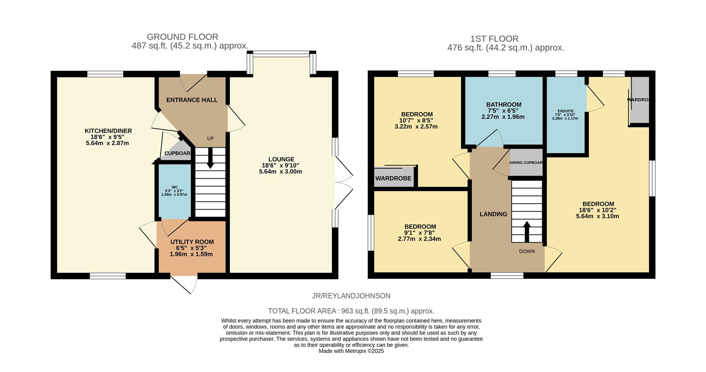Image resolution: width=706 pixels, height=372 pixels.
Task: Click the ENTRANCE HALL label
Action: (x=192, y=100)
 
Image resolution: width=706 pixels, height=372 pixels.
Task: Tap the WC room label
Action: (x=174, y=190)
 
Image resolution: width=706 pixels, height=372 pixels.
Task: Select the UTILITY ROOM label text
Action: (x=192, y=242)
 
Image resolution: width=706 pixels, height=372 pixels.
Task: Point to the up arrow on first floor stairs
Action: (x=527, y=231)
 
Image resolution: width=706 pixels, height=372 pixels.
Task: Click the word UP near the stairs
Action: (x=210, y=139)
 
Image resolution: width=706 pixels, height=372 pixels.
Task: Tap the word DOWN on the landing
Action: (x=527, y=251)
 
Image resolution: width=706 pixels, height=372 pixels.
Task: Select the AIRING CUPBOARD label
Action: (x=526, y=162)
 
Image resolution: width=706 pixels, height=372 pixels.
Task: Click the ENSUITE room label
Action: (x=565, y=111)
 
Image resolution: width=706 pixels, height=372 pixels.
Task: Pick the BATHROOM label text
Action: (x=504, y=105)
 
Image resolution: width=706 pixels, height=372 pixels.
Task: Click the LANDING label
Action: (x=493, y=214)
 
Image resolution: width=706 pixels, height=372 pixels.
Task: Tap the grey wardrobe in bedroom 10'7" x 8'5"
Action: (x=393, y=178)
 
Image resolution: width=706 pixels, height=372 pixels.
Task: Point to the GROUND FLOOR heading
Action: (x=182, y=37)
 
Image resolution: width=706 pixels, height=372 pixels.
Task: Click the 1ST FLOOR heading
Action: (x=494, y=39)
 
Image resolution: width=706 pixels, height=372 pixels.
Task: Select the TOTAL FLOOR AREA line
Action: (x=351, y=311)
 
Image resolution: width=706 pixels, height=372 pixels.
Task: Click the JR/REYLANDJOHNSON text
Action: (x=351, y=296)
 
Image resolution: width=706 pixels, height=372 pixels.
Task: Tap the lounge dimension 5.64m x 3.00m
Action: (x=281, y=172)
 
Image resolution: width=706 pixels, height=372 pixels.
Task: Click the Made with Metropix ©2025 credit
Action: (x=351, y=351)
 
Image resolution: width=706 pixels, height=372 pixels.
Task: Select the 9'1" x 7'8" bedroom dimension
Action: (x=420, y=233)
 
